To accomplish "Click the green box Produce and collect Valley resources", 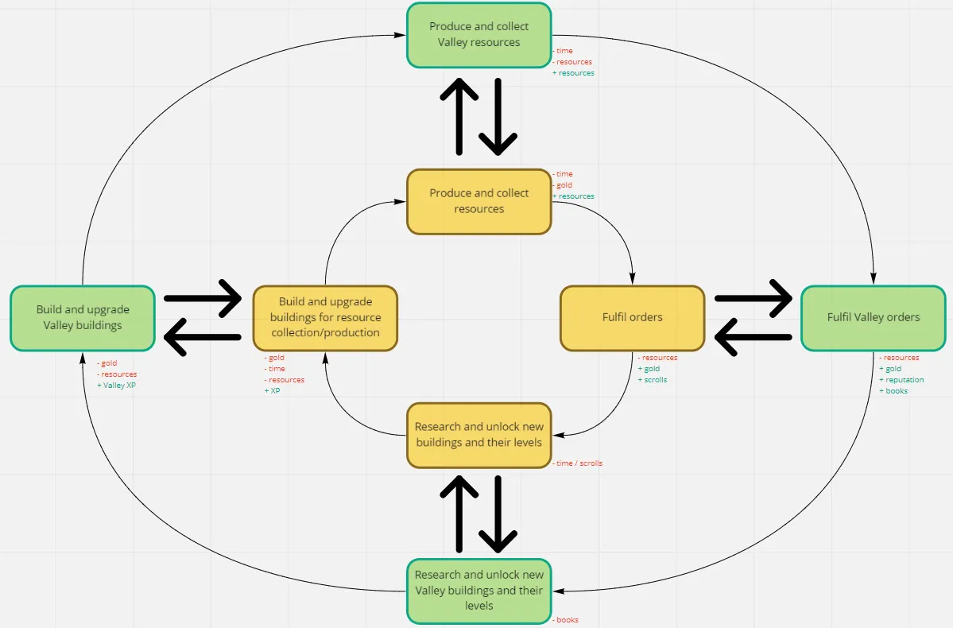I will pos(478,35).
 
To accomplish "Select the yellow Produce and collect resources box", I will pos(478,201).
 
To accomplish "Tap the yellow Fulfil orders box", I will pos(632,318).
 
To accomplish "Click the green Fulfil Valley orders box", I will pos(873,318).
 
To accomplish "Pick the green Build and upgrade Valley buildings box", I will pos(83,318).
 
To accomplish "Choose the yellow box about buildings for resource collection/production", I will pos(325,318).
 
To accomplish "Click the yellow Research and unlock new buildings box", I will pos(478,435).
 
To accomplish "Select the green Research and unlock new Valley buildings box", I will pos(478,590).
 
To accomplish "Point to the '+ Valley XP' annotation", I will pos(117,386).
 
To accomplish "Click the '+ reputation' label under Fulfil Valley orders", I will pos(902,380).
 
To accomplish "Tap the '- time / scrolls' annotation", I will pos(578,463).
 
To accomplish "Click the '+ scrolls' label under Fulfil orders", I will pos(653,380).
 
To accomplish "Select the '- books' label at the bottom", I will pos(566,620).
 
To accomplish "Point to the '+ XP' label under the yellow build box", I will pos(273,391).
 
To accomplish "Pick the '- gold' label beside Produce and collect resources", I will pos(563,185).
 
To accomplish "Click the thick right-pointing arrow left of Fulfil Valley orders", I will pos(753,299).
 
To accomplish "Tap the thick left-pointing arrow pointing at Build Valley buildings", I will pos(203,337).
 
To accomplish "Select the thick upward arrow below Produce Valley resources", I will pos(459,116).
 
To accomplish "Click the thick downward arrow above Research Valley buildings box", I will pos(499,514).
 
